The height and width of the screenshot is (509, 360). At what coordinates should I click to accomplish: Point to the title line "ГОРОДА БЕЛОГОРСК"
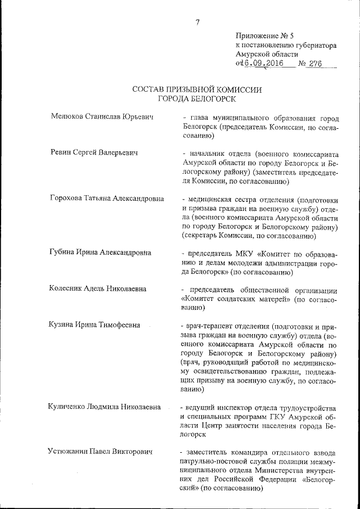click(x=197, y=99)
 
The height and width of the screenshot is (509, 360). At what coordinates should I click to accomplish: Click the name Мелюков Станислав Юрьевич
click(x=102, y=117)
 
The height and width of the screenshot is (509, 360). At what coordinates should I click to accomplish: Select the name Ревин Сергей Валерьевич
click(x=94, y=152)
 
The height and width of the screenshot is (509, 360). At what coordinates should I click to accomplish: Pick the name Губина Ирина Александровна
click(x=101, y=253)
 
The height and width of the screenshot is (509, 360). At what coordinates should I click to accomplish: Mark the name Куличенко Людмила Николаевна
click(x=106, y=407)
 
